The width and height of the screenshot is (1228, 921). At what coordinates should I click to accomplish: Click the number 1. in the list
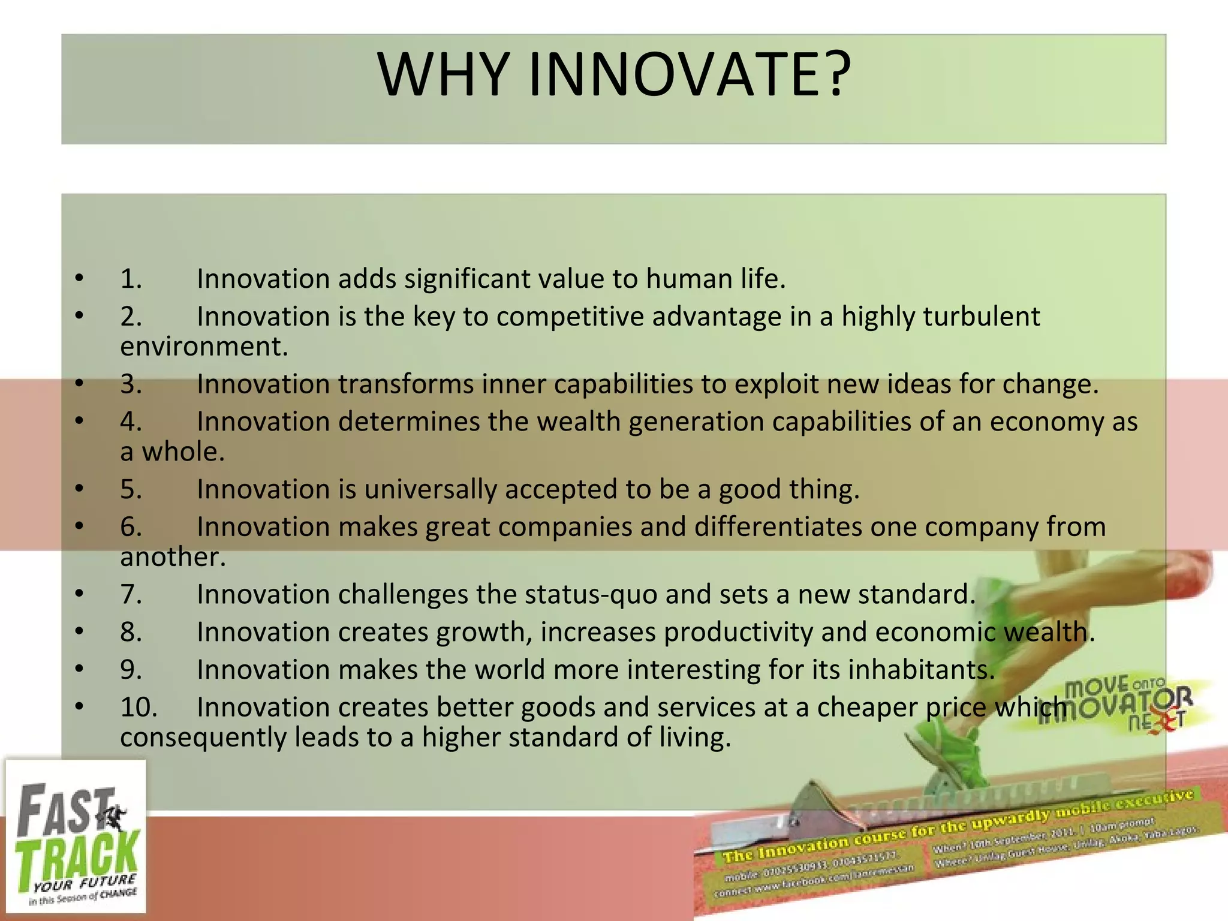[x=131, y=279]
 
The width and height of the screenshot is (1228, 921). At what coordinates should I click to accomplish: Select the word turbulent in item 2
[x=981, y=317]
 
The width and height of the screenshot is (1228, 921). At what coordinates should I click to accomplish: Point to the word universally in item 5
[x=430, y=490]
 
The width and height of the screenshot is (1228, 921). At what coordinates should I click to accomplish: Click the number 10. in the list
[x=139, y=708]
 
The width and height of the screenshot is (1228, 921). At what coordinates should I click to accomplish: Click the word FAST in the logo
[x=66, y=809]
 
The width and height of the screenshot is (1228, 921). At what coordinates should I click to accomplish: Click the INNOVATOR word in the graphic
[x=1115, y=708]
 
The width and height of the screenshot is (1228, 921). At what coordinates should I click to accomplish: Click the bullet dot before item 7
[x=80, y=594]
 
